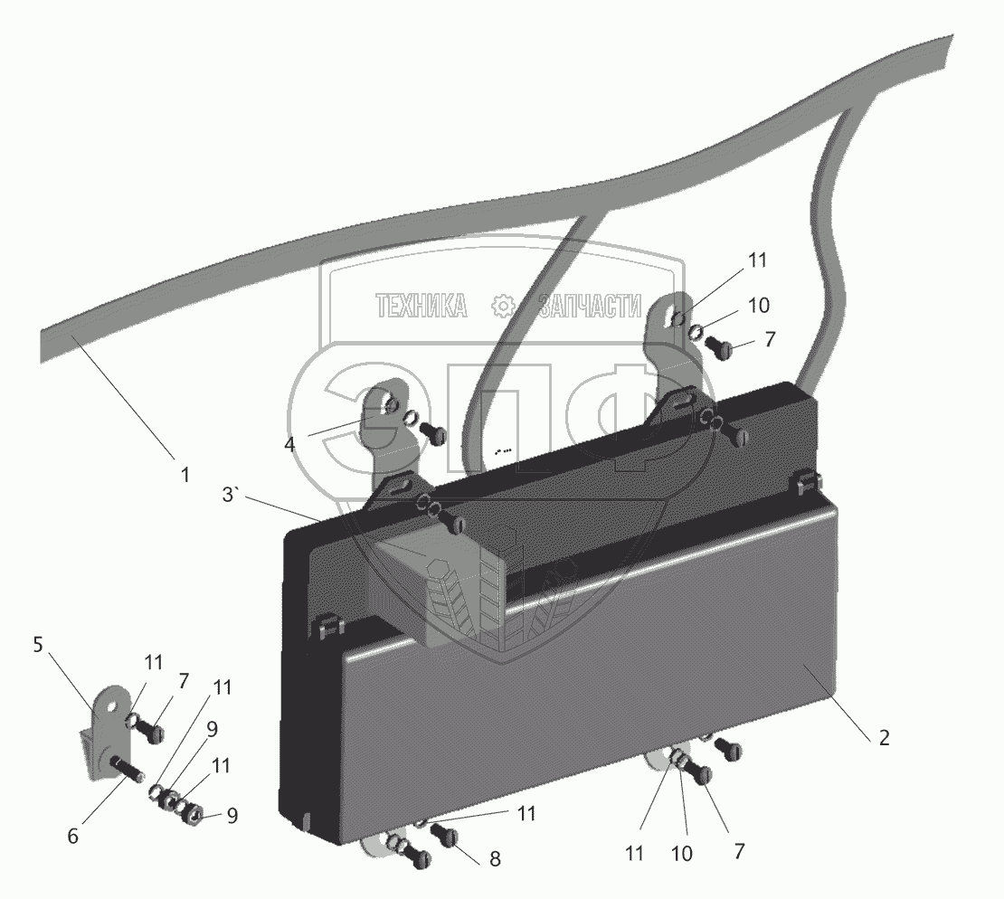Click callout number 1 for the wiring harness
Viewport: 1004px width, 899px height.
(185, 473)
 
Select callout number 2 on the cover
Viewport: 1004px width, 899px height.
(884, 737)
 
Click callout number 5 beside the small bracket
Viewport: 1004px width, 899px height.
(38, 645)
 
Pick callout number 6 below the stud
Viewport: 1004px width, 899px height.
(73, 837)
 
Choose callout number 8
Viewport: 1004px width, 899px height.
(495, 859)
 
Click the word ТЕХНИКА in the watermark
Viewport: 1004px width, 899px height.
(421, 308)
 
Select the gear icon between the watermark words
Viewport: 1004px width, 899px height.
(501, 308)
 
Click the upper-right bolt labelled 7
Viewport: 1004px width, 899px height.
(720, 346)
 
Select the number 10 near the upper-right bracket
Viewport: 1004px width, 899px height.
(758, 304)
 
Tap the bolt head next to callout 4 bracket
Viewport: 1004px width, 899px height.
(437, 435)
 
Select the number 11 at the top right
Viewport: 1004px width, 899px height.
(756, 260)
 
